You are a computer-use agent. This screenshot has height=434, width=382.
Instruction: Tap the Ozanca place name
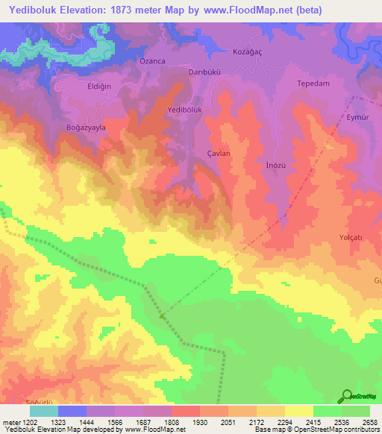153,60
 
